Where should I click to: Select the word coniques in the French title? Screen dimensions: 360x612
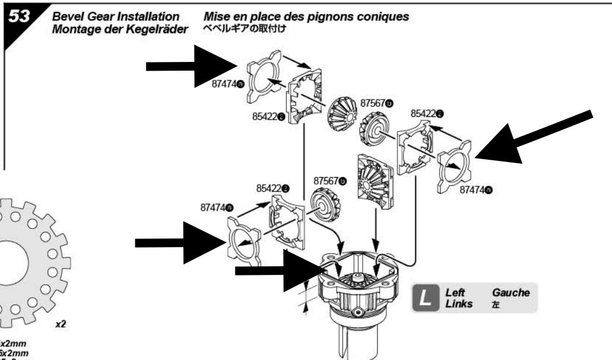tap(386, 18)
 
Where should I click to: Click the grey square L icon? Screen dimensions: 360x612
tap(424, 297)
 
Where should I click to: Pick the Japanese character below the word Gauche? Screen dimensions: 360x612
tap(496, 303)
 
